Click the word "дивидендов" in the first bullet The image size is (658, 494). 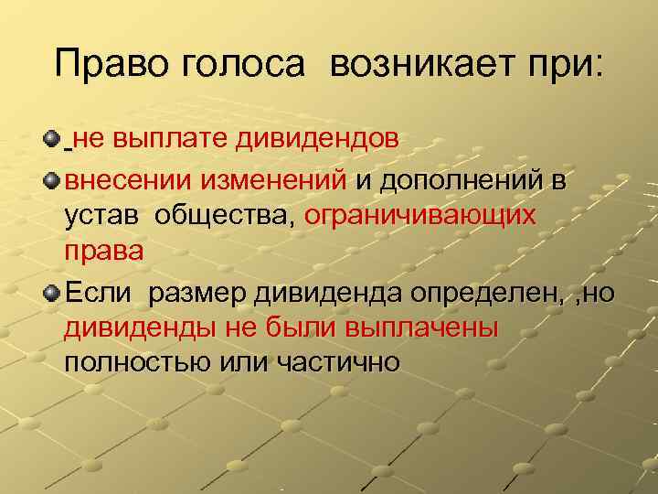point(317,140)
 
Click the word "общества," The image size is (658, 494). point(226,216)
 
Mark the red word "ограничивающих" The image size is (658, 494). point(420,217)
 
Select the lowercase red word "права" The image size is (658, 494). point(104,252)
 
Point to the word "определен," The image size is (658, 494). point(485,293)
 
